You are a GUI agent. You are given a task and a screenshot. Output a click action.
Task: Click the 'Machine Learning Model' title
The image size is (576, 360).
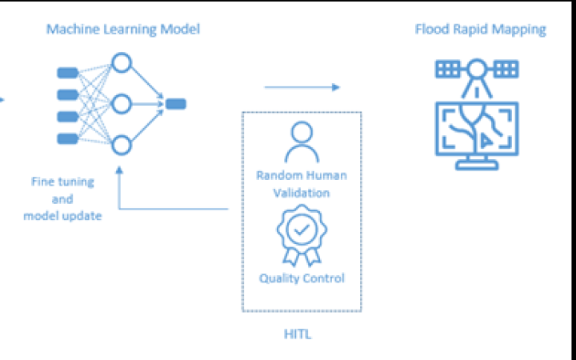pyautogui.click(x=122, y=30)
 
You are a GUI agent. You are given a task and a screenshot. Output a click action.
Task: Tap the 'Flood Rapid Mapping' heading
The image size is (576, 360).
pyautogui.click(x=480, y=30)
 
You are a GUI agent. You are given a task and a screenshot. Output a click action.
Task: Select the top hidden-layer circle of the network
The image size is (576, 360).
pyautogui.click(x=122, y=62)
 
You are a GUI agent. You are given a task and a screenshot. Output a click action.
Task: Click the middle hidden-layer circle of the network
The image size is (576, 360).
pyautogui.click(x=122, y=104)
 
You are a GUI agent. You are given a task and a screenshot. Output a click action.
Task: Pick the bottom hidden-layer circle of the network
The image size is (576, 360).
pyautogui.click(x=122, y=145)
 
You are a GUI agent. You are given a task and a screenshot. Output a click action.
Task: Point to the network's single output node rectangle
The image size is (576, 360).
pyautogui.click(x=176, y=103)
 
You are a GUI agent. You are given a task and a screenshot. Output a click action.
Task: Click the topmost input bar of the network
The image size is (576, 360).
pyautogui.click(x=68, y=74)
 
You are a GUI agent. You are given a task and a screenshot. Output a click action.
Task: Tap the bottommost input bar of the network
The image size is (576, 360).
pyautogui.click(x=68, y=138)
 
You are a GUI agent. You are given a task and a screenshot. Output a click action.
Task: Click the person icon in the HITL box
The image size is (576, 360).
pyautogui.click(x=302, y=142)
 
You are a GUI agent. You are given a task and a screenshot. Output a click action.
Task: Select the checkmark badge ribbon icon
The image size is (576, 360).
pyautogui.click(x=302, y=233)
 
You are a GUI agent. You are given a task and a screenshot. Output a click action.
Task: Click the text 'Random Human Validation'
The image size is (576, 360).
pyautogui.click(x=302, y=183)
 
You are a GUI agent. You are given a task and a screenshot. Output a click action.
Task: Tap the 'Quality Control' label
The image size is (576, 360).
pyautogui.click(x=302, y=278)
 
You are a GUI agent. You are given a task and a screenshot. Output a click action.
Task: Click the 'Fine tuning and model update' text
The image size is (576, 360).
pyautogui.click(x=62, y=198)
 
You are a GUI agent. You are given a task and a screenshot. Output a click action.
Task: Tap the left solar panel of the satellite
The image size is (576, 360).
pyautogui.click(x=449, y=69)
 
